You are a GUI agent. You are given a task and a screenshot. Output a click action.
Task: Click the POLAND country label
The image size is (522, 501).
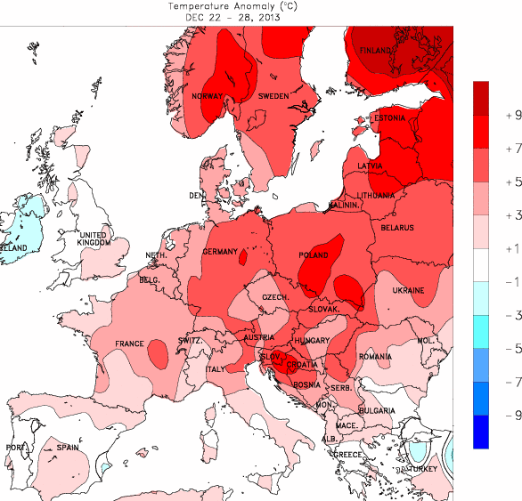(x=314, y=255)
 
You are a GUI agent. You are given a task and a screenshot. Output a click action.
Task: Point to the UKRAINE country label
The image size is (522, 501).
(x=409, y=291)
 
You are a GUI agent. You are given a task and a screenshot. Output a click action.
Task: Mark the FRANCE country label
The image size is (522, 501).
(x=130, y=343)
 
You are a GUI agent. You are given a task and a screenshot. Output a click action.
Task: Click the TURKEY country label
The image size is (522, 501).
(x=424, y=469)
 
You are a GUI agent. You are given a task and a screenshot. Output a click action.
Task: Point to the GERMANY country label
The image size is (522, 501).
(x=220, y=252)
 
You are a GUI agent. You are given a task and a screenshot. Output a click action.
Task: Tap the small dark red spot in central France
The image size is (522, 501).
(x=157, y=356)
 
